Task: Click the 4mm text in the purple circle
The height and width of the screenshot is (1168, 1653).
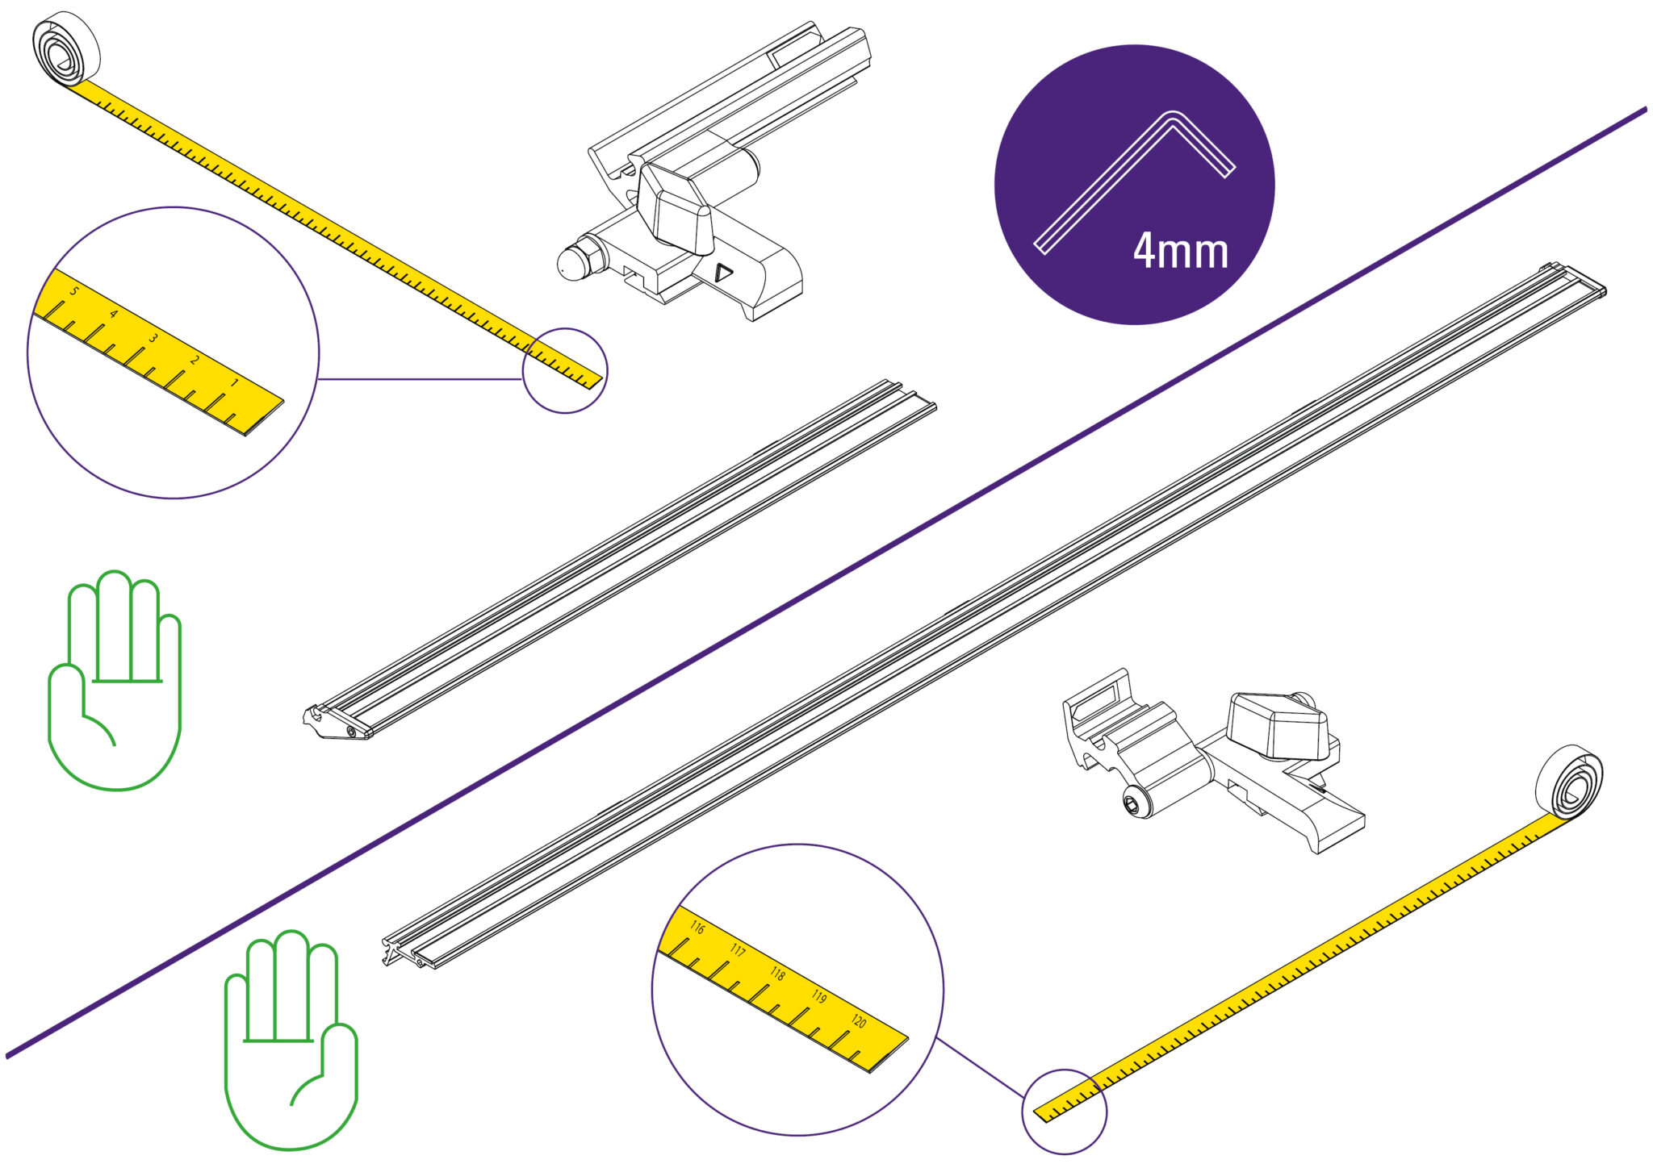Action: coord(1181,251)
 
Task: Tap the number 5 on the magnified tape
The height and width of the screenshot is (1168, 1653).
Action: coord(73,290)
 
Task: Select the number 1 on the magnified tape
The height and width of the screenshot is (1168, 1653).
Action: coord(234,382)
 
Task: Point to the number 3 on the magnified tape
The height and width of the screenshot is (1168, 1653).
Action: coord(153,337)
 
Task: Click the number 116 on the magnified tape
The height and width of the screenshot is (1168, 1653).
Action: coord(697,928)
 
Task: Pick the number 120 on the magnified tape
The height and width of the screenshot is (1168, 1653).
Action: coord(858,1022)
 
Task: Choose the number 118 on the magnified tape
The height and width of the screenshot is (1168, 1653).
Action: coord(777,974)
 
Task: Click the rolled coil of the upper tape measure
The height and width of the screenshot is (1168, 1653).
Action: coord(65,49)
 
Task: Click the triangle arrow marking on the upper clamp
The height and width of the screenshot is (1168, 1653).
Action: coord(723,273)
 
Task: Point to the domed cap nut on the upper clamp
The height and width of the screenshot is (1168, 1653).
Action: coord(575,260)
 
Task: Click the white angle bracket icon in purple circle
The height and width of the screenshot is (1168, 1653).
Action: coord(1135,181)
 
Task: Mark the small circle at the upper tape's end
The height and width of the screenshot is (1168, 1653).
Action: coord(565,371)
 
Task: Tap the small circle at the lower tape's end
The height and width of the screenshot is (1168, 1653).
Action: coord(1065,1112)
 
